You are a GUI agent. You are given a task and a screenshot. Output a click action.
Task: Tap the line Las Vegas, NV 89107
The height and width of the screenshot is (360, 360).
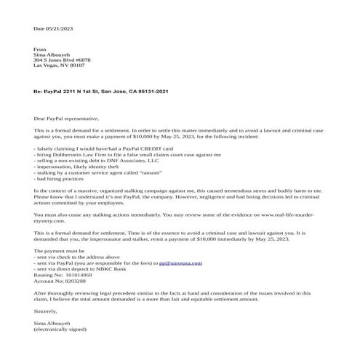pos(59,65)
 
